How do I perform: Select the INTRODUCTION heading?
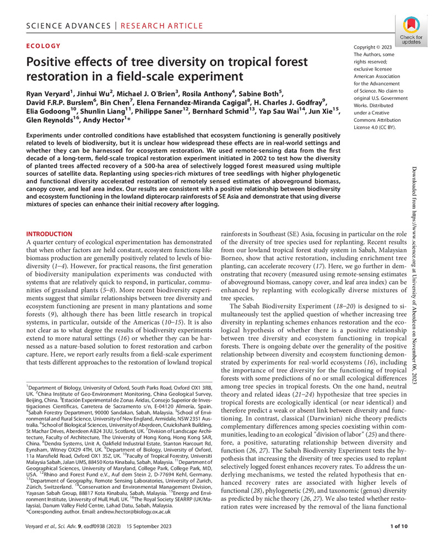click(x=50, y=234)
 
